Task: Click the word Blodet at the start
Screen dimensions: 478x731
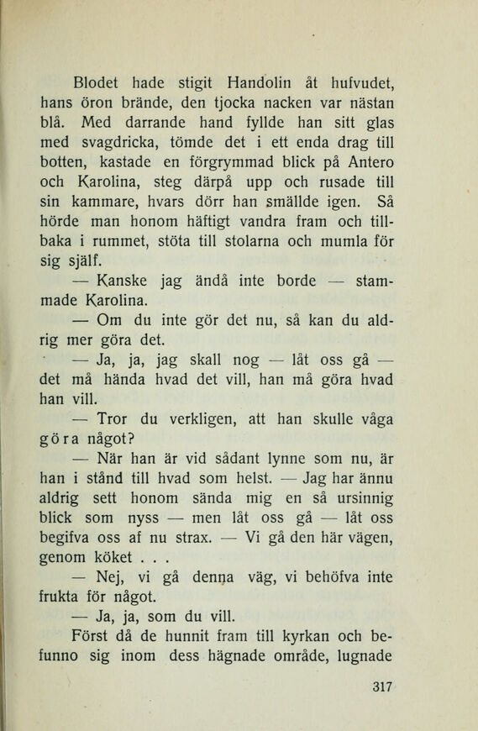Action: click(101, 82)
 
